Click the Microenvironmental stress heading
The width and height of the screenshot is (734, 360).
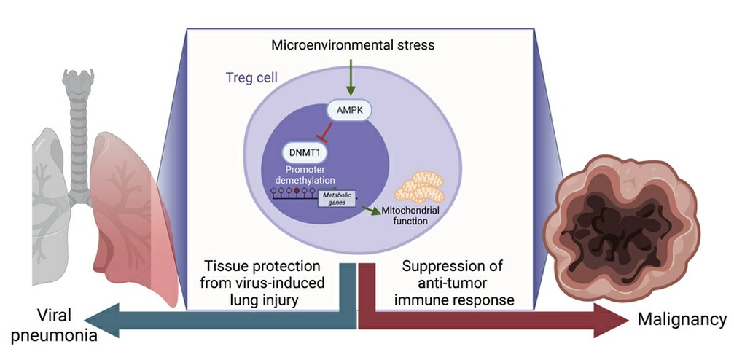[x=353, y=45]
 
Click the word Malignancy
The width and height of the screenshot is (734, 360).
[x=682, y=319]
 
